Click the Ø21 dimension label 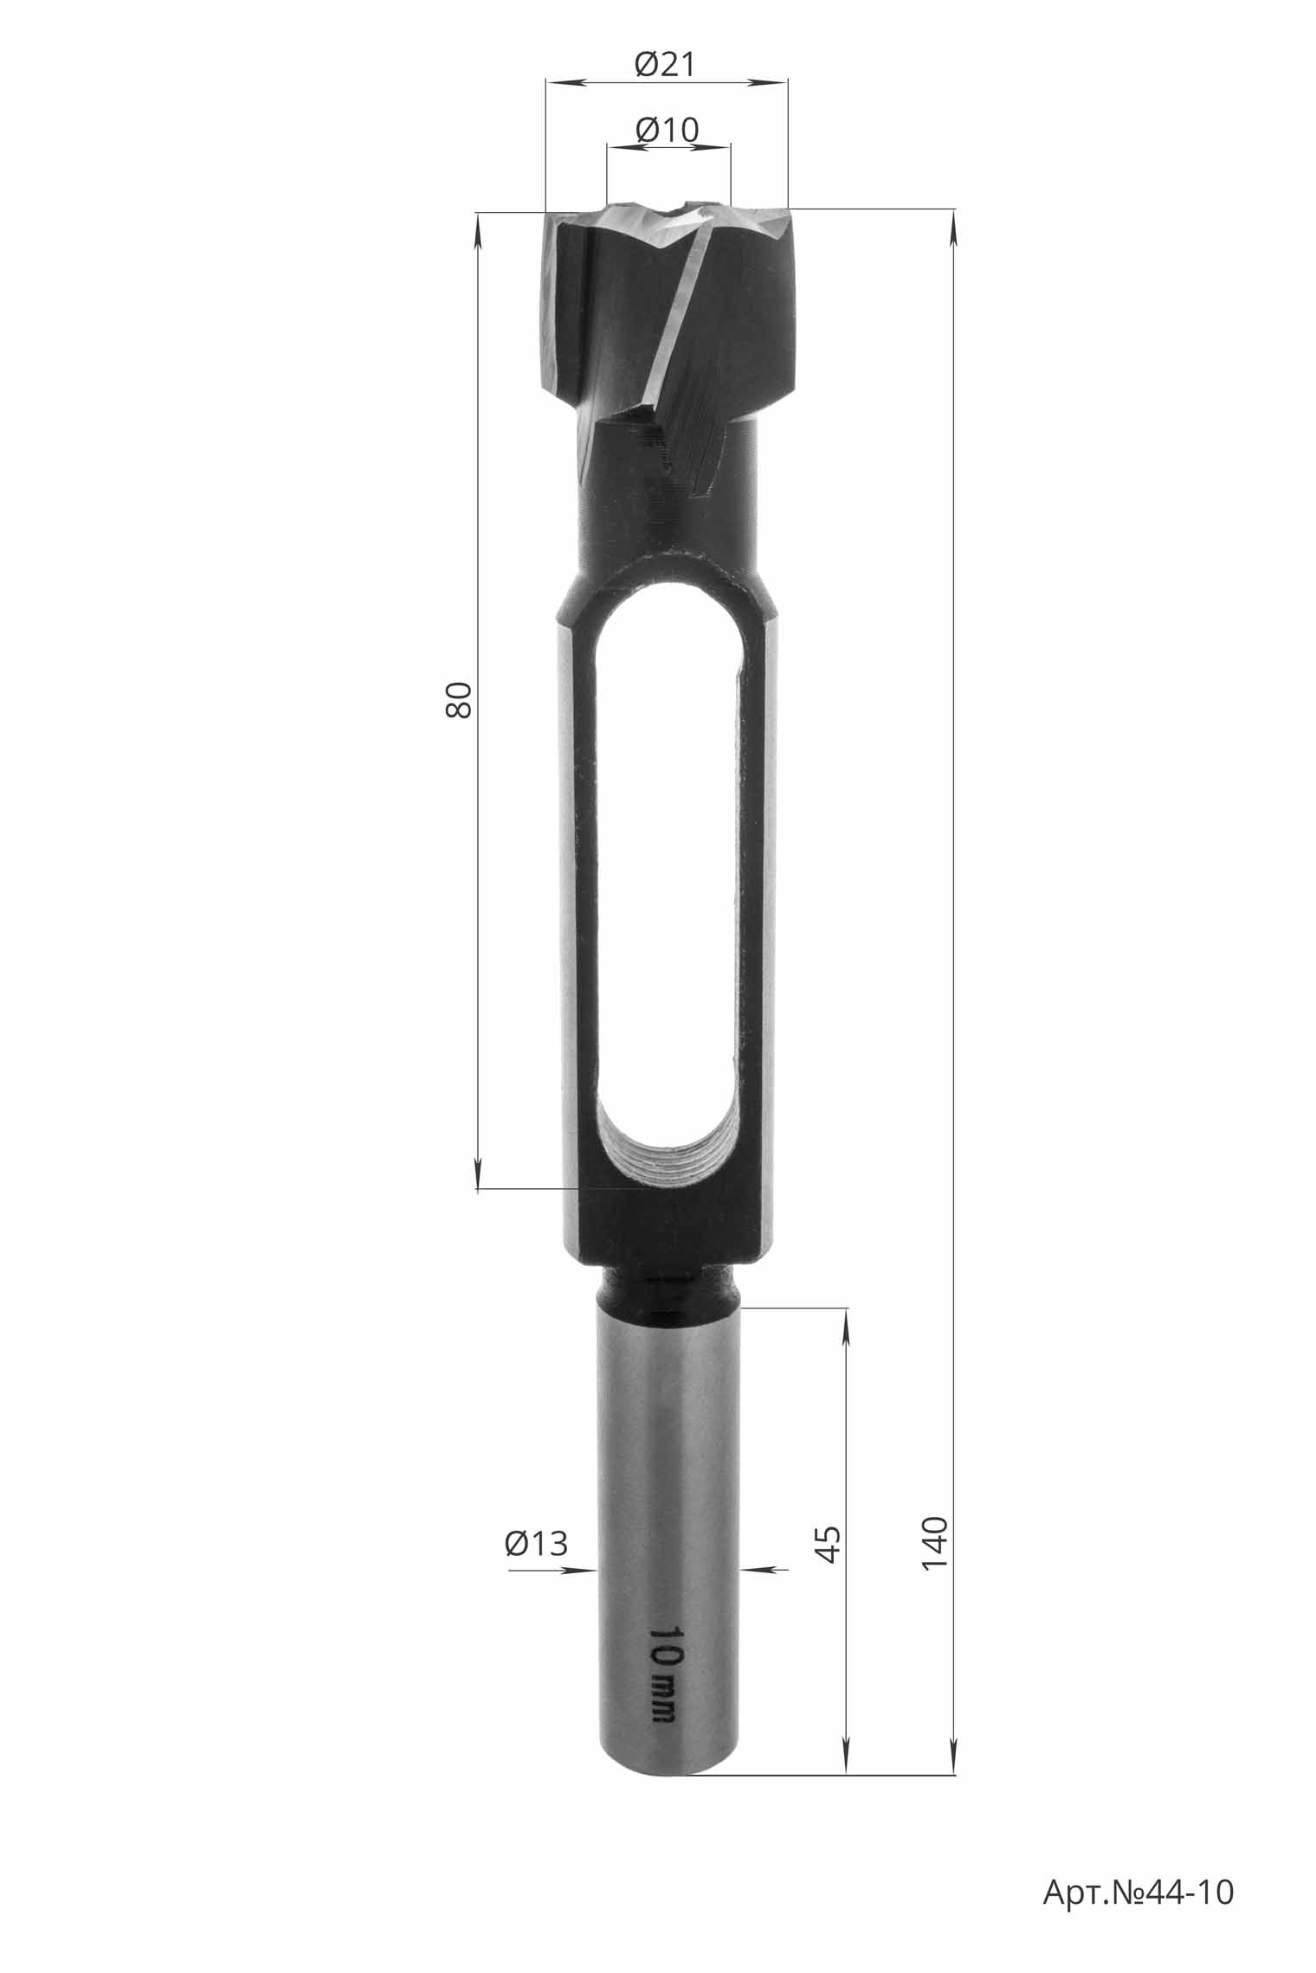[x=665, y=64]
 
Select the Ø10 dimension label [x=667, y=130]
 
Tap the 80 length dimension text [x=458, y=699]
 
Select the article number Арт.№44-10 [x=1139, y=1892]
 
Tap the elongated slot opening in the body [x=667, y=883]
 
